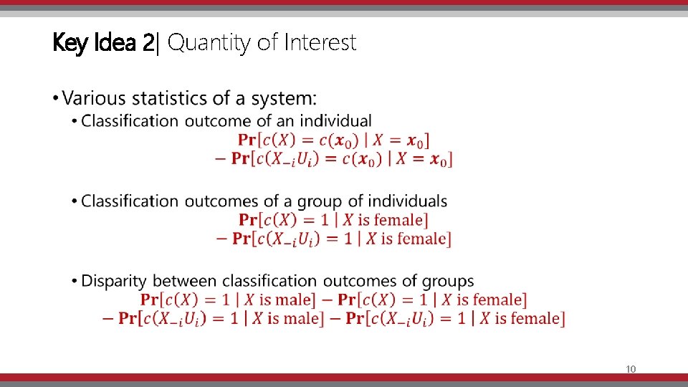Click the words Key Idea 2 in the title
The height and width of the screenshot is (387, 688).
103,43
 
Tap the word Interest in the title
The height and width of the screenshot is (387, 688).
320,43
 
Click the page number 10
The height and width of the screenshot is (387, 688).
631,369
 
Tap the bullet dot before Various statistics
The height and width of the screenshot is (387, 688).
57,98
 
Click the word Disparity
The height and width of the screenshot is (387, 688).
115,281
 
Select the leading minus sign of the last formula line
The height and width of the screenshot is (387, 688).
107,318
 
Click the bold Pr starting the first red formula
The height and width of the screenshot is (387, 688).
247,140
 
